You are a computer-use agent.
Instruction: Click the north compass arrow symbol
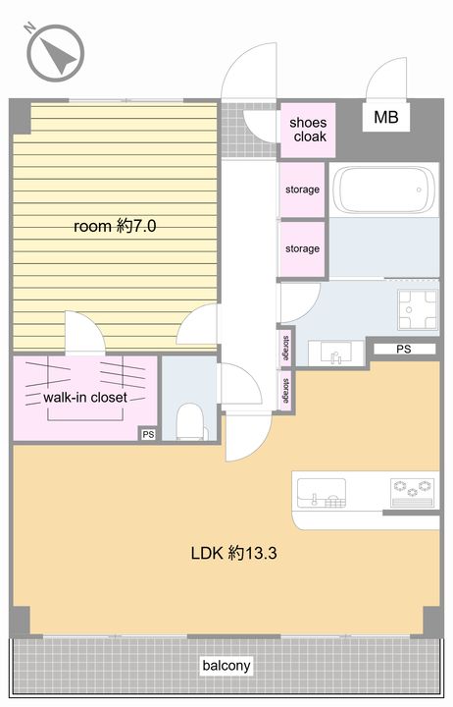56,53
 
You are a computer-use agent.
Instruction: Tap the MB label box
386,117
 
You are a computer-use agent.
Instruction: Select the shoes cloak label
308,130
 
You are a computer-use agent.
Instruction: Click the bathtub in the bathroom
385,190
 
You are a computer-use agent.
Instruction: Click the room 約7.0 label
115,226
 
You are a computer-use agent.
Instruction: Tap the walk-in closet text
85,398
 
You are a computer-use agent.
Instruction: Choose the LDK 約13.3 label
233,552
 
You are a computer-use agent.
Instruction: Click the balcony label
226,666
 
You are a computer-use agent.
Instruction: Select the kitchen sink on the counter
322,493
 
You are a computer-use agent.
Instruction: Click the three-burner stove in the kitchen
414,493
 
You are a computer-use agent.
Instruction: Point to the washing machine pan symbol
418,310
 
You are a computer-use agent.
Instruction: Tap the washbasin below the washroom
336,353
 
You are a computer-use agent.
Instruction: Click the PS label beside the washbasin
404,349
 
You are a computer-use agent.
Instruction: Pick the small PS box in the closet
148,434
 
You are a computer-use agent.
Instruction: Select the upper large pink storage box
302,190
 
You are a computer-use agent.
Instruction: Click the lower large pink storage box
302,248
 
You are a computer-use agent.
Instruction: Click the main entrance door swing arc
248,72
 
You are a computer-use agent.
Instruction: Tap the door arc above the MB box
386,79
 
